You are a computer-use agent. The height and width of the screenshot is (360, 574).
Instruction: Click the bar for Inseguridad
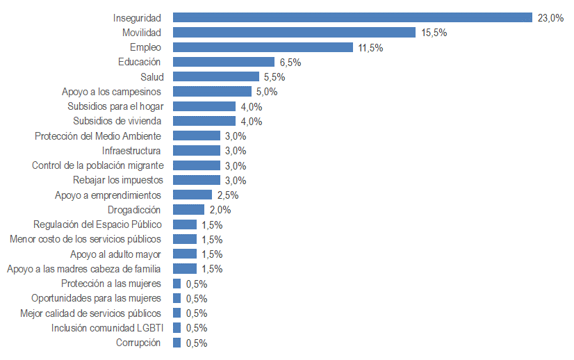(352, 17)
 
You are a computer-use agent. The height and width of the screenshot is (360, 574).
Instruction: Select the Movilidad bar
(294, 33)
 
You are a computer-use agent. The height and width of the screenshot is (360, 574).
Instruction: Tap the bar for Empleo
(263, 47)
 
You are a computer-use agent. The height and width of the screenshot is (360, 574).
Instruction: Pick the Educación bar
(224, 62)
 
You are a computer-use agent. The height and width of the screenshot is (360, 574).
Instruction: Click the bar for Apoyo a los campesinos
(212, 91)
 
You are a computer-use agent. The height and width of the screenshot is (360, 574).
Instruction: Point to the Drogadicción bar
(188, 209)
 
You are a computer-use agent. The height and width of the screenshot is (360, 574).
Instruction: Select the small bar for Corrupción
(177, 342)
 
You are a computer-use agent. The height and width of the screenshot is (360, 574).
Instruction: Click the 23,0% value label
(550, 18)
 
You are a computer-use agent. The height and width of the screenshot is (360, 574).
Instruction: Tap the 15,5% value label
(433, 33)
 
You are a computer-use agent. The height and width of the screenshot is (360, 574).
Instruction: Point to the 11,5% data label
(370, 48)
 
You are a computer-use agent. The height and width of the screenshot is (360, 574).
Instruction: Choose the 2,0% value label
(220, 210)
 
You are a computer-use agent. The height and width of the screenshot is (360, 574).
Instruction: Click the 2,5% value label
(227, 195)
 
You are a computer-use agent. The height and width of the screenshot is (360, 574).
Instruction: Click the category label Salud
(151, 76)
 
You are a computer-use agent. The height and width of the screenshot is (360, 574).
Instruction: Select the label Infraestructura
(131, 150)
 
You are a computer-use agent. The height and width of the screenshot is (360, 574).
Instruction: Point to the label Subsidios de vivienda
(117, 121)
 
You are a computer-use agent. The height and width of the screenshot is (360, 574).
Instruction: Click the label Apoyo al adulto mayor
(116, 254)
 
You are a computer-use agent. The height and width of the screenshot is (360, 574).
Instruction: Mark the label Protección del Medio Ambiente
(98, 136)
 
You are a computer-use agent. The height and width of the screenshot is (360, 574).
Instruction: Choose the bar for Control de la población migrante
(197, 165)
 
